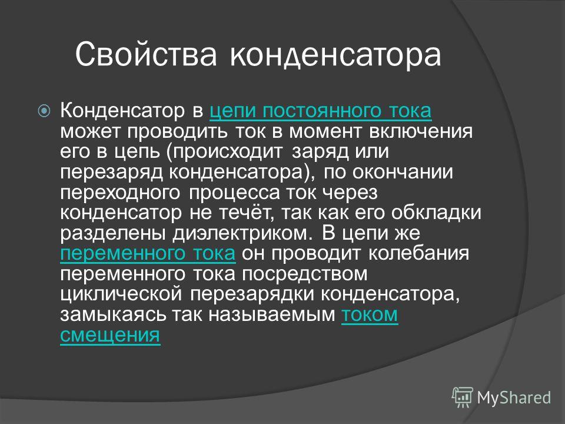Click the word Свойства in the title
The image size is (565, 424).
point(146,54)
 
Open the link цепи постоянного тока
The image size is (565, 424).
point(320,111)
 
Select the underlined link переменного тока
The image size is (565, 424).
point(148,253)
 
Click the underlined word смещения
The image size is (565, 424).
point(110,335)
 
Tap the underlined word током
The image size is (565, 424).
point(370,314)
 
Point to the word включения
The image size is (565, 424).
point(420,131)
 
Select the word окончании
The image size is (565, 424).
point(403,172)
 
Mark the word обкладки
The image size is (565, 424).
point(436,213)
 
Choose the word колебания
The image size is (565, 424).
point(418,253)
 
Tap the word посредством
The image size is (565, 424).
point(304,274)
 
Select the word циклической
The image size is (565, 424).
point(121,294)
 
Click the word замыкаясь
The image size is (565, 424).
point(114,314)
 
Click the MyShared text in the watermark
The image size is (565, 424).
point(514,397)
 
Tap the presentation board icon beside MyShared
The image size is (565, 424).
point(463,397)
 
